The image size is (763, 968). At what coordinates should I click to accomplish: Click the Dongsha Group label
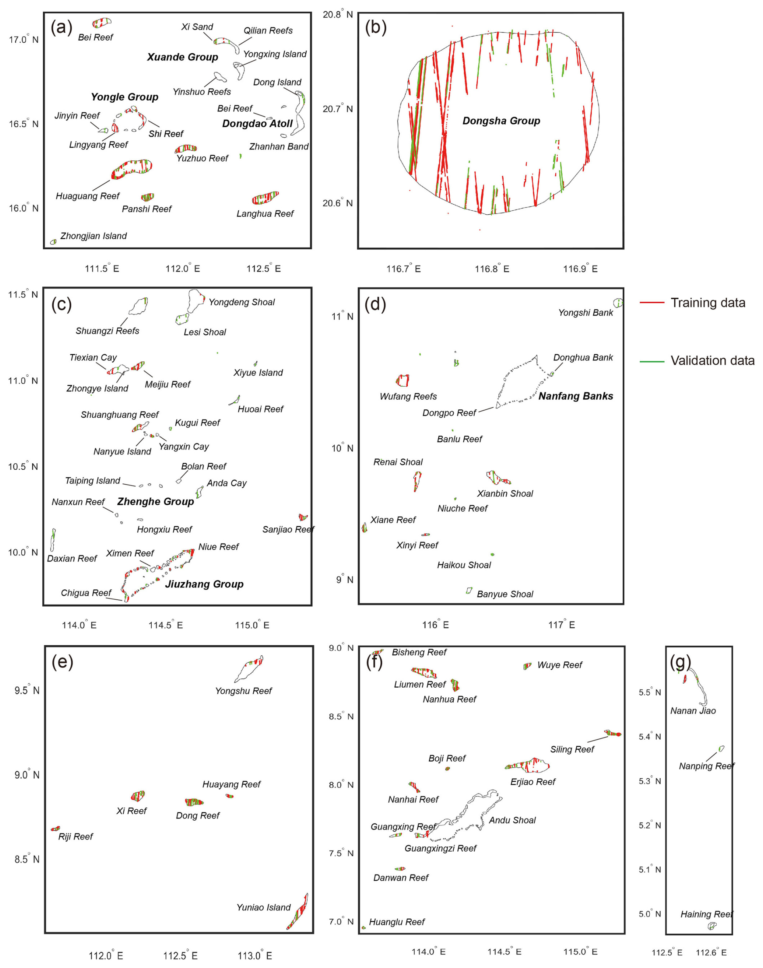[501, 121]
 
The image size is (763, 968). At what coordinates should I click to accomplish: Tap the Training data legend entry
[708, 303]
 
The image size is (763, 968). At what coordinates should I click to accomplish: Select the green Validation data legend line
[652, 361]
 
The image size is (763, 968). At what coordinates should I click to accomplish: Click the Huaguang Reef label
[88, 196]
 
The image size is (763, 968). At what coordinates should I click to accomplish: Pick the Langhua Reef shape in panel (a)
[265, 197]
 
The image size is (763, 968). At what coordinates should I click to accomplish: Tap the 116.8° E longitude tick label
[492, 269]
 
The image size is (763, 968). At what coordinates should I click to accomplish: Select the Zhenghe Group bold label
[155, 502]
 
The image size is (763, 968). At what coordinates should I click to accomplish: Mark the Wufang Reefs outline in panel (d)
[402, 380]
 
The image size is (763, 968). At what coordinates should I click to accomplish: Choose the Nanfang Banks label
[575, 396]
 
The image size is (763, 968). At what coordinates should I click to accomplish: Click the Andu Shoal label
[512, 820]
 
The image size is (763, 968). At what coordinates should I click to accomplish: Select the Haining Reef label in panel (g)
[706, 914]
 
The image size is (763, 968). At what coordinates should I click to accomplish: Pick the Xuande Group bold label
[182, 57]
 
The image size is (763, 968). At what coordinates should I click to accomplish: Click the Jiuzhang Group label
[204, 584]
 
